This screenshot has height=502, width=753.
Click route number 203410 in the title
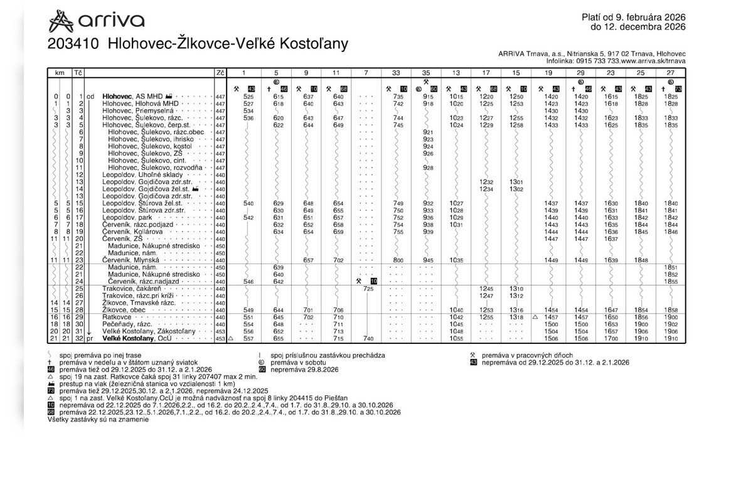tap(74, 45)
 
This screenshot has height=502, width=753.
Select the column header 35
tap(426, 73)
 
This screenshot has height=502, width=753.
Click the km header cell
tap(60, 73)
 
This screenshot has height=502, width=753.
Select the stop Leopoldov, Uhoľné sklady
tap(141, 174)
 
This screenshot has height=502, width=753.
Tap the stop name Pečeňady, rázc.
tap(128, 324)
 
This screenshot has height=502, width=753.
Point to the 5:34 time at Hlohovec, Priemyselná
tap(248, 110)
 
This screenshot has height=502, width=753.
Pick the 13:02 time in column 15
tap(516, 189)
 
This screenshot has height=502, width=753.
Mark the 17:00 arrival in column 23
tap(611, 339)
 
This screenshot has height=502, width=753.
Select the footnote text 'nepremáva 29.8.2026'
tap(304, 370)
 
